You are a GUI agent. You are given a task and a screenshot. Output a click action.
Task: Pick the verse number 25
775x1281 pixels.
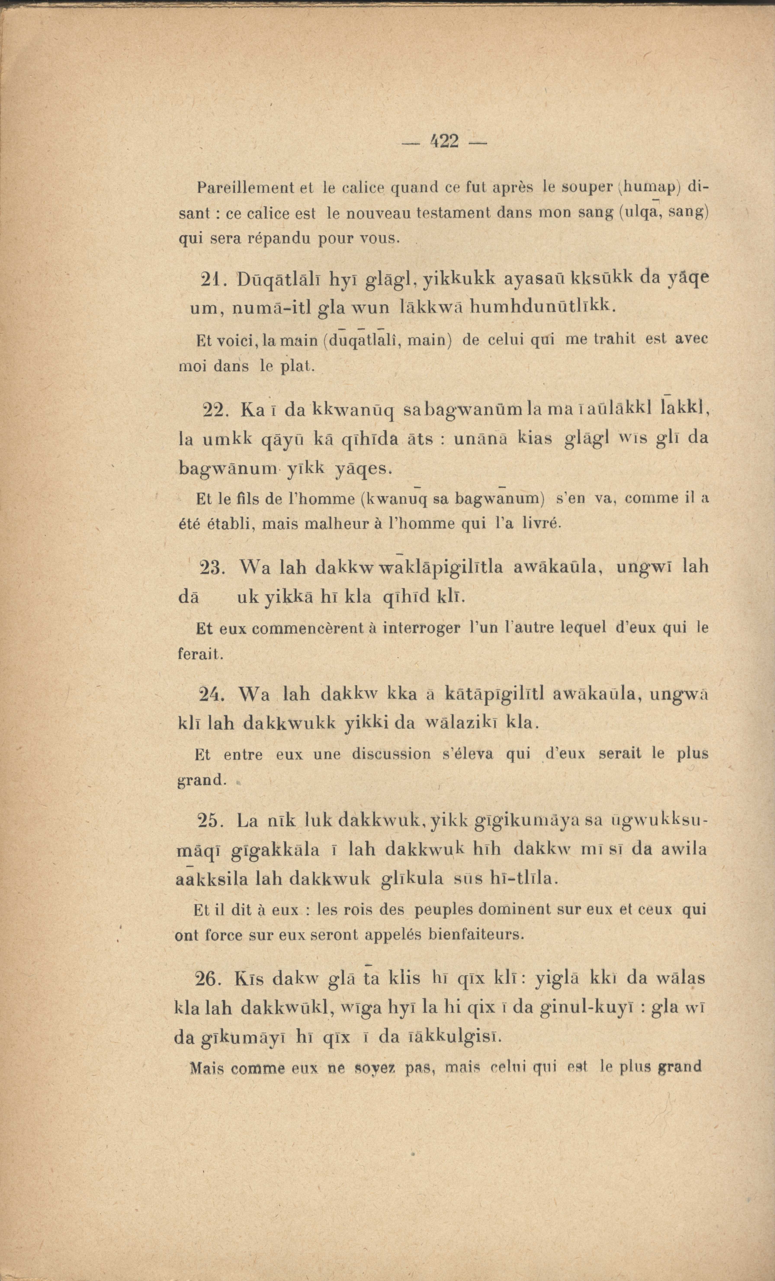click(x=210, y=821)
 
